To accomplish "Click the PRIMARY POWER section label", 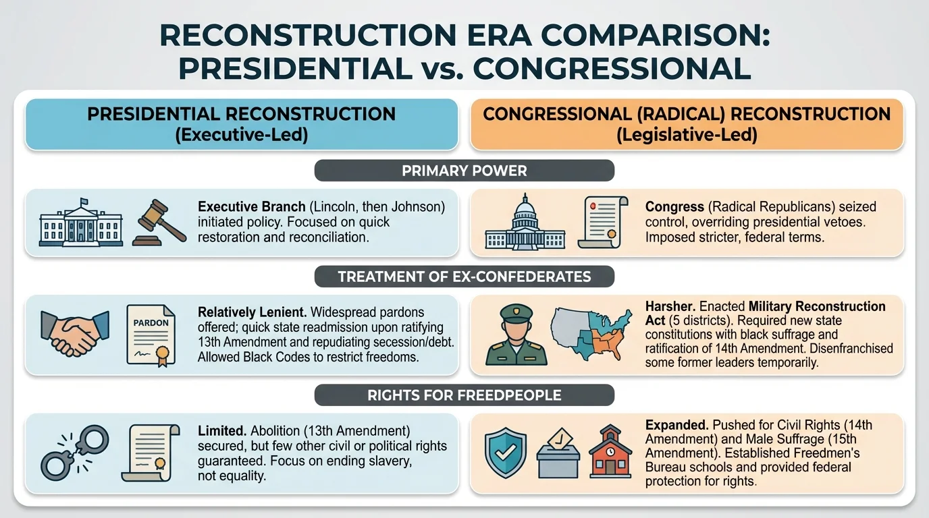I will coord(464,171).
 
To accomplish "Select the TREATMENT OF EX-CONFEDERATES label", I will coord(464,277).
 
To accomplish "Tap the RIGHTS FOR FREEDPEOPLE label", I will coord(464,395).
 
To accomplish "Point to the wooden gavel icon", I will coord(162,221).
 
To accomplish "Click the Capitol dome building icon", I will coord(525,223).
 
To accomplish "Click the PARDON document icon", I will coord(151,335).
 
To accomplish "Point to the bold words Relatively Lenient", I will coord(252,313).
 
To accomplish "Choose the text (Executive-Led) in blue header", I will coord(241,134).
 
